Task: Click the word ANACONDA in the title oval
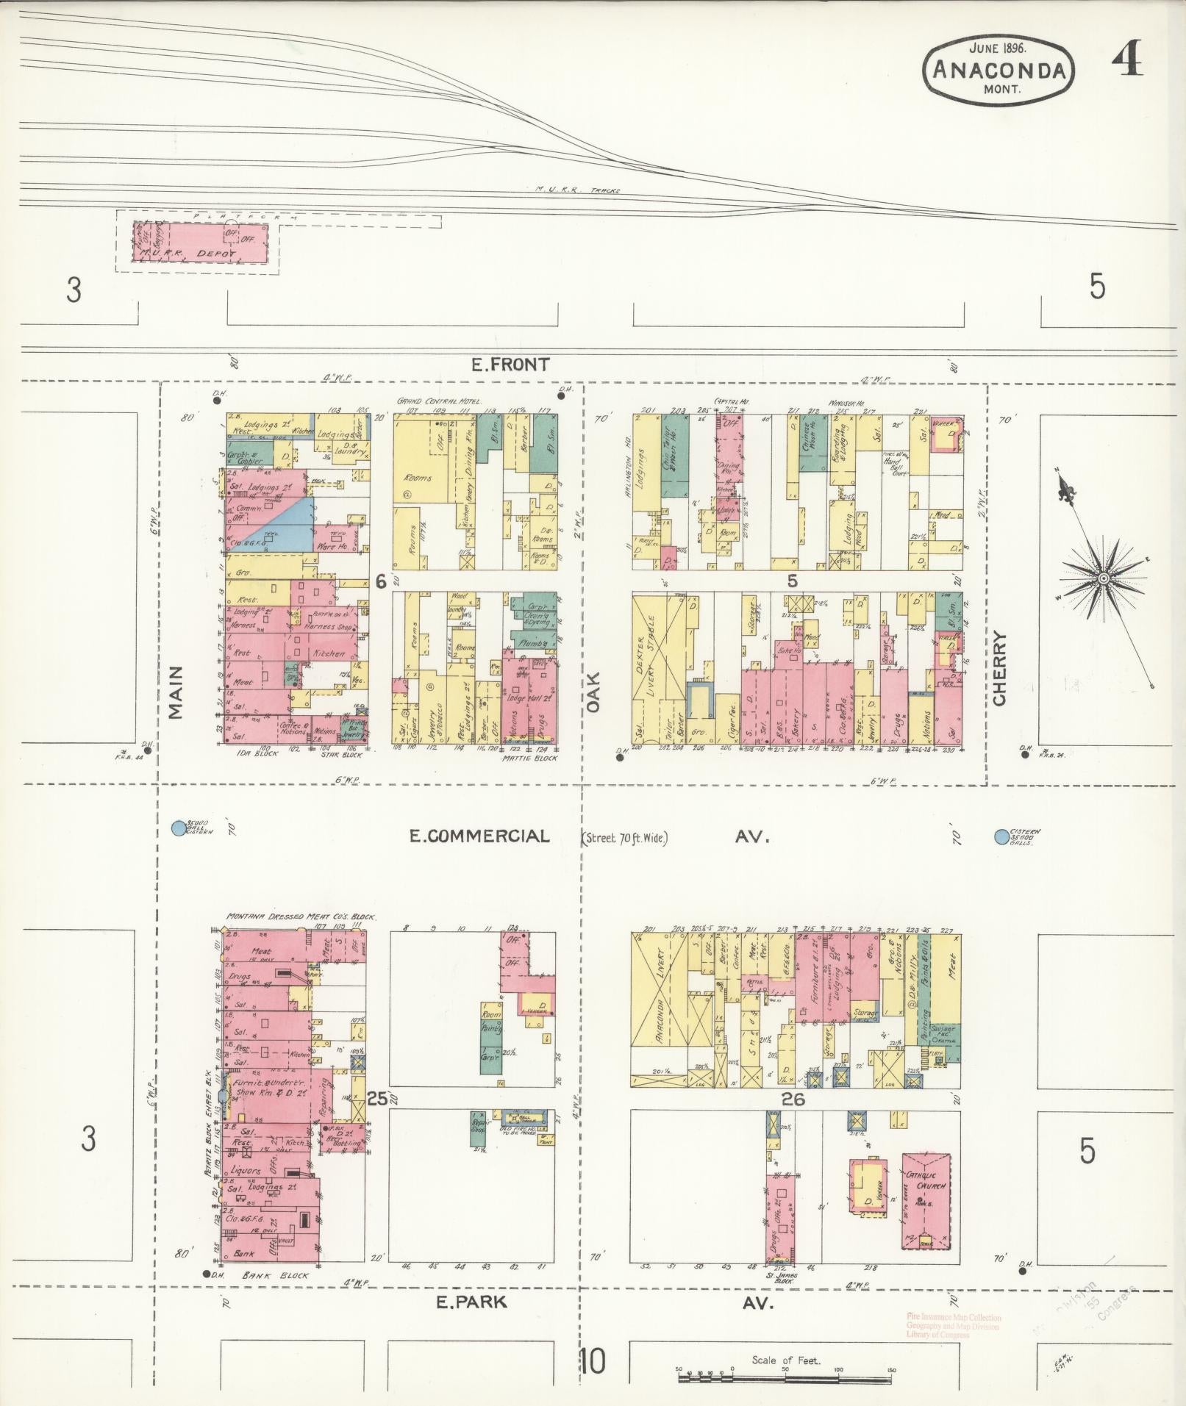(x=999, y=70)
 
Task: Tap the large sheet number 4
(x=1126, y=59)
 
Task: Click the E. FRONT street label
(x=510, y=364)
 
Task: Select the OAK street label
(x=593, y=692)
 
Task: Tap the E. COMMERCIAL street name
(x=479, y=836)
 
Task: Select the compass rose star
(x=1103, y=578)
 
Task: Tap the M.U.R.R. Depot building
(x=200, y=243)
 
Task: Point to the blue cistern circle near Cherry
(x=1001, y=836)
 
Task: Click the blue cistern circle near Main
(x=177, y=828)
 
